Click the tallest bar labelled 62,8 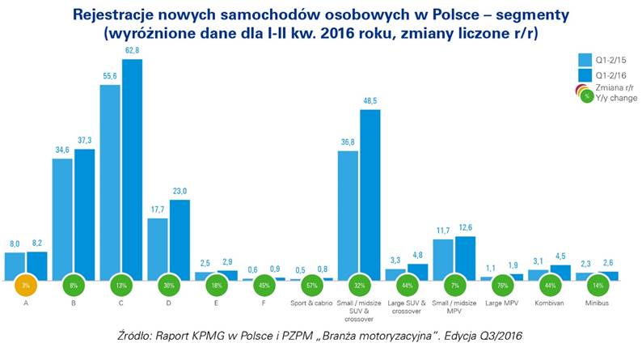pyautogui.click(x=132, y=169)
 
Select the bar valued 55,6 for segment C pyautogui.click(x=111, y=182)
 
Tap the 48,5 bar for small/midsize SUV pyautogui.click(x=370, y=194)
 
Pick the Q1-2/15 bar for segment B pyautogui.click(x=63, y=218)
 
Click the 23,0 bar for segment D pyautogui.click(x=180, y=239)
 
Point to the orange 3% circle pyautogui.click(x=26, y=286)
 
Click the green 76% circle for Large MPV pyautogui.click(x=503, y=286)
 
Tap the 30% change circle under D pyautogui.click(x=169, y=286)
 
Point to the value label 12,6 pyautogui.click(x=465, y=229)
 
